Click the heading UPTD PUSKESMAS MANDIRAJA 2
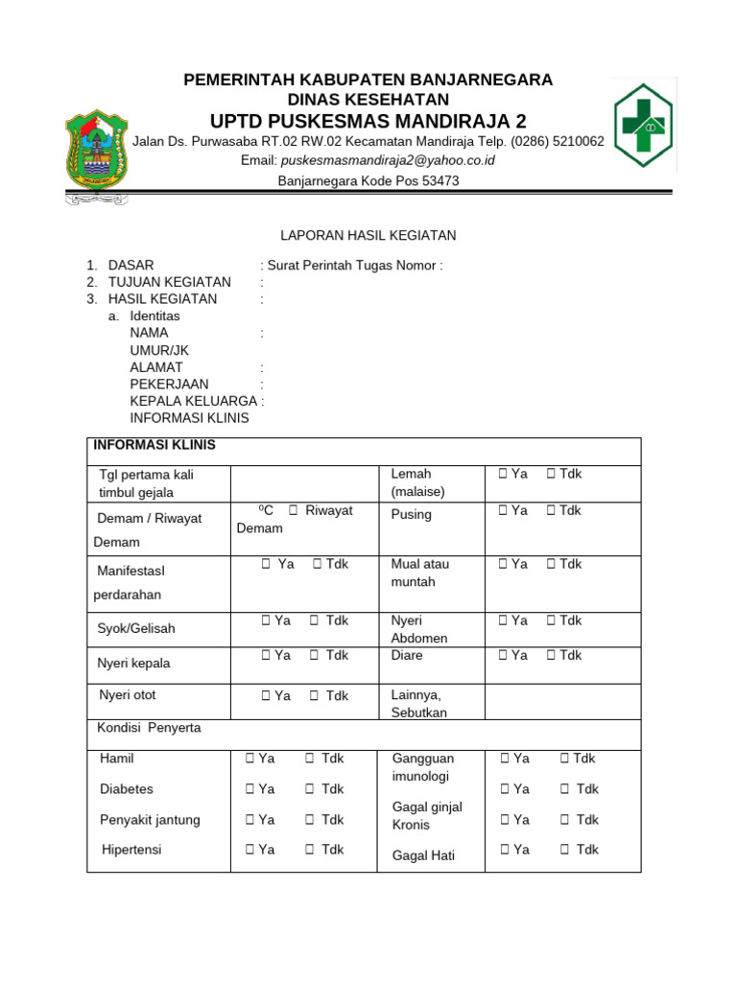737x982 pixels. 368,121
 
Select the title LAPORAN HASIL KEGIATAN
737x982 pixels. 368,235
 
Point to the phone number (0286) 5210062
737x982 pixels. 557,141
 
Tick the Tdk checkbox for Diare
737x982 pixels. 552,656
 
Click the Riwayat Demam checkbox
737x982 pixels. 294,511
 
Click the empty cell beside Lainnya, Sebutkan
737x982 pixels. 562,702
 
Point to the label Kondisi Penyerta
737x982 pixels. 149,729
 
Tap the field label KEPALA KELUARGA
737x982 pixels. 194,401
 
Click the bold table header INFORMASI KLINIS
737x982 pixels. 154,446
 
